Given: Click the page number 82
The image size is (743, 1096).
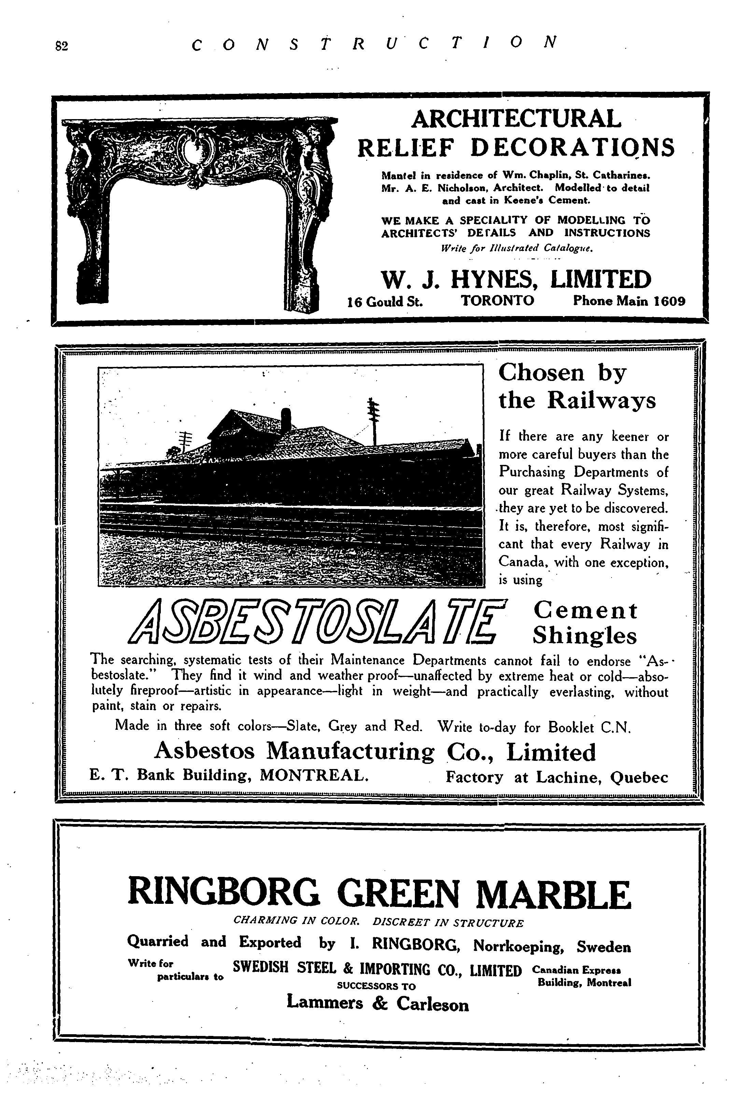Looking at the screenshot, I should pyautogui.click(x=62, y=46).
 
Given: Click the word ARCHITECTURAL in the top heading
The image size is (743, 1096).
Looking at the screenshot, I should pyautogui.click(x=516, y=118).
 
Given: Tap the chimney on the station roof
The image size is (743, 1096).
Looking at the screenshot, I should pyautogui.click(x=285, y=418).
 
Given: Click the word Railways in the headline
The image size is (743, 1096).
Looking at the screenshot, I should pyautogui.click(x=602, y=401).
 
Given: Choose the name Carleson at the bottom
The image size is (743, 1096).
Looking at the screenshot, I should pyautogui.click(x=433, y=1004).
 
